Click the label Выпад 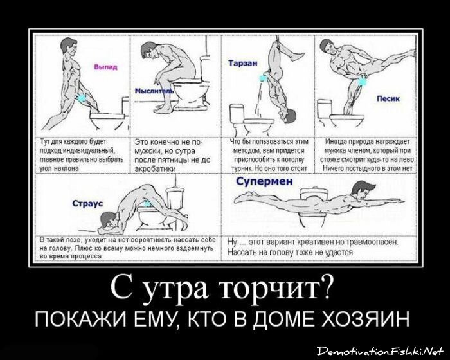(x=105, y=67)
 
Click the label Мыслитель (x=154, y=91)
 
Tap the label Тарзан (x=242, y=64)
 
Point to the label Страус (x=85, y=204)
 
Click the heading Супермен (x=264, y=182)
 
